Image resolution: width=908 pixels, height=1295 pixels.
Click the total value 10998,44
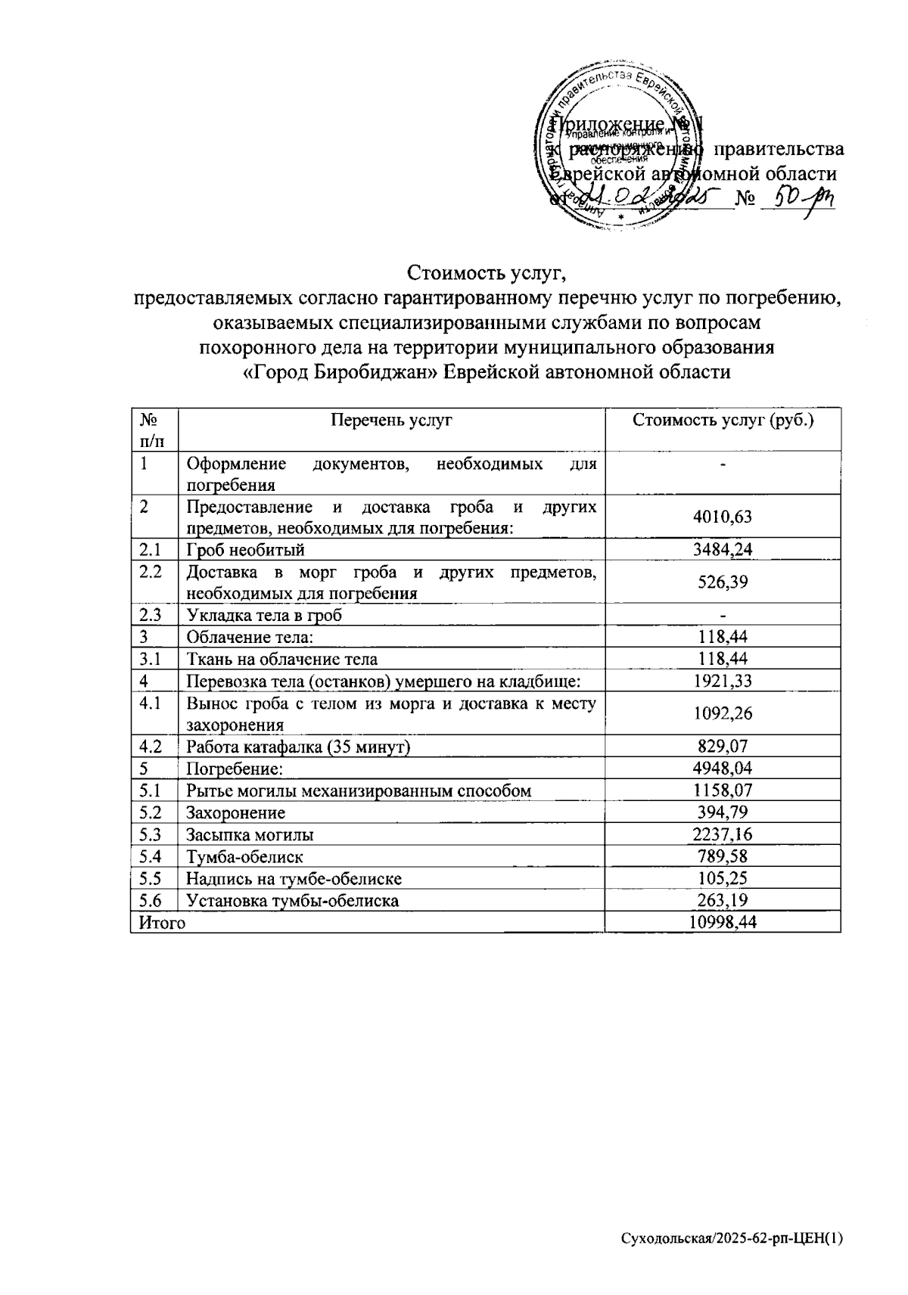click(x=723, y=922)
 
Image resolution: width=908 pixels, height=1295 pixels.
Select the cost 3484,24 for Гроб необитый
click(x=723, y=549)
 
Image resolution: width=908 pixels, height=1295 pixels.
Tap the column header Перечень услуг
click(x=391, y=421)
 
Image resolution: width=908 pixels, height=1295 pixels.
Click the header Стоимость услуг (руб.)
click(x=723, y=421)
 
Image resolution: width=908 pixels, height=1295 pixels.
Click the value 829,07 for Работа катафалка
click(x=723, y=747)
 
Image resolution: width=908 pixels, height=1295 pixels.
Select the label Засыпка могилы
click(x=250, y=835)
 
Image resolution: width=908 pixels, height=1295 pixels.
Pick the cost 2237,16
click(x=723, y=835)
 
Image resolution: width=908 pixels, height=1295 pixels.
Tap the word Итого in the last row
click(x=159, y=923)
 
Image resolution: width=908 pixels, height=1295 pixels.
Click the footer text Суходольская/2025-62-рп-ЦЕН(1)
click(x=731, y=1239)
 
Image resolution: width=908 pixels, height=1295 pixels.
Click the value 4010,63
click(x=723, y=517)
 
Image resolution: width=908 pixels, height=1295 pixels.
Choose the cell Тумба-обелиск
click(x=245, y=857)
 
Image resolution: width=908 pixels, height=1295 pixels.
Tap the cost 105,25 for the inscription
click(x=723, y=879)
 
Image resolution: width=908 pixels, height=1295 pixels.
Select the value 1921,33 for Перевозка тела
click(x=723, y=681)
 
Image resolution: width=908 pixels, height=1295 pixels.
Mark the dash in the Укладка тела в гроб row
click(x=723, y=615)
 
